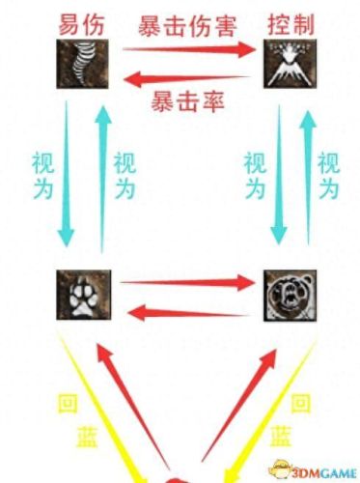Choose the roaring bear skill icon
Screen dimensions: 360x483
[x=286, y=295]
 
